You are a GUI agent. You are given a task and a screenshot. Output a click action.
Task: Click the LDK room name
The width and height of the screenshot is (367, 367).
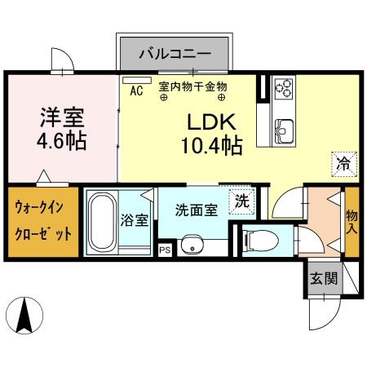212,123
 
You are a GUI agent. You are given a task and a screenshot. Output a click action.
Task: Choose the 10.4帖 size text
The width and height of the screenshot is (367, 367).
211,147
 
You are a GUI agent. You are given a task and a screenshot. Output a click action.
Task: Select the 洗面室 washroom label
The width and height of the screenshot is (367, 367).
196,209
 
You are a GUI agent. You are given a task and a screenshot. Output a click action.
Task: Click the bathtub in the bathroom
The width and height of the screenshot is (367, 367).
101,223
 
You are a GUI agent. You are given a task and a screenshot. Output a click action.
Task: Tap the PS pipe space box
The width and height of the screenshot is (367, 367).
165,250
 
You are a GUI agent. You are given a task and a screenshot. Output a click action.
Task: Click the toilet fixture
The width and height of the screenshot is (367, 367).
256,240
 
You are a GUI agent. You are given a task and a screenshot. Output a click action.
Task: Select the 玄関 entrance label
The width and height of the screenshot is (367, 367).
323,278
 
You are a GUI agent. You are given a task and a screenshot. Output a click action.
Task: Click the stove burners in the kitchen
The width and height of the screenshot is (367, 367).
284,88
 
